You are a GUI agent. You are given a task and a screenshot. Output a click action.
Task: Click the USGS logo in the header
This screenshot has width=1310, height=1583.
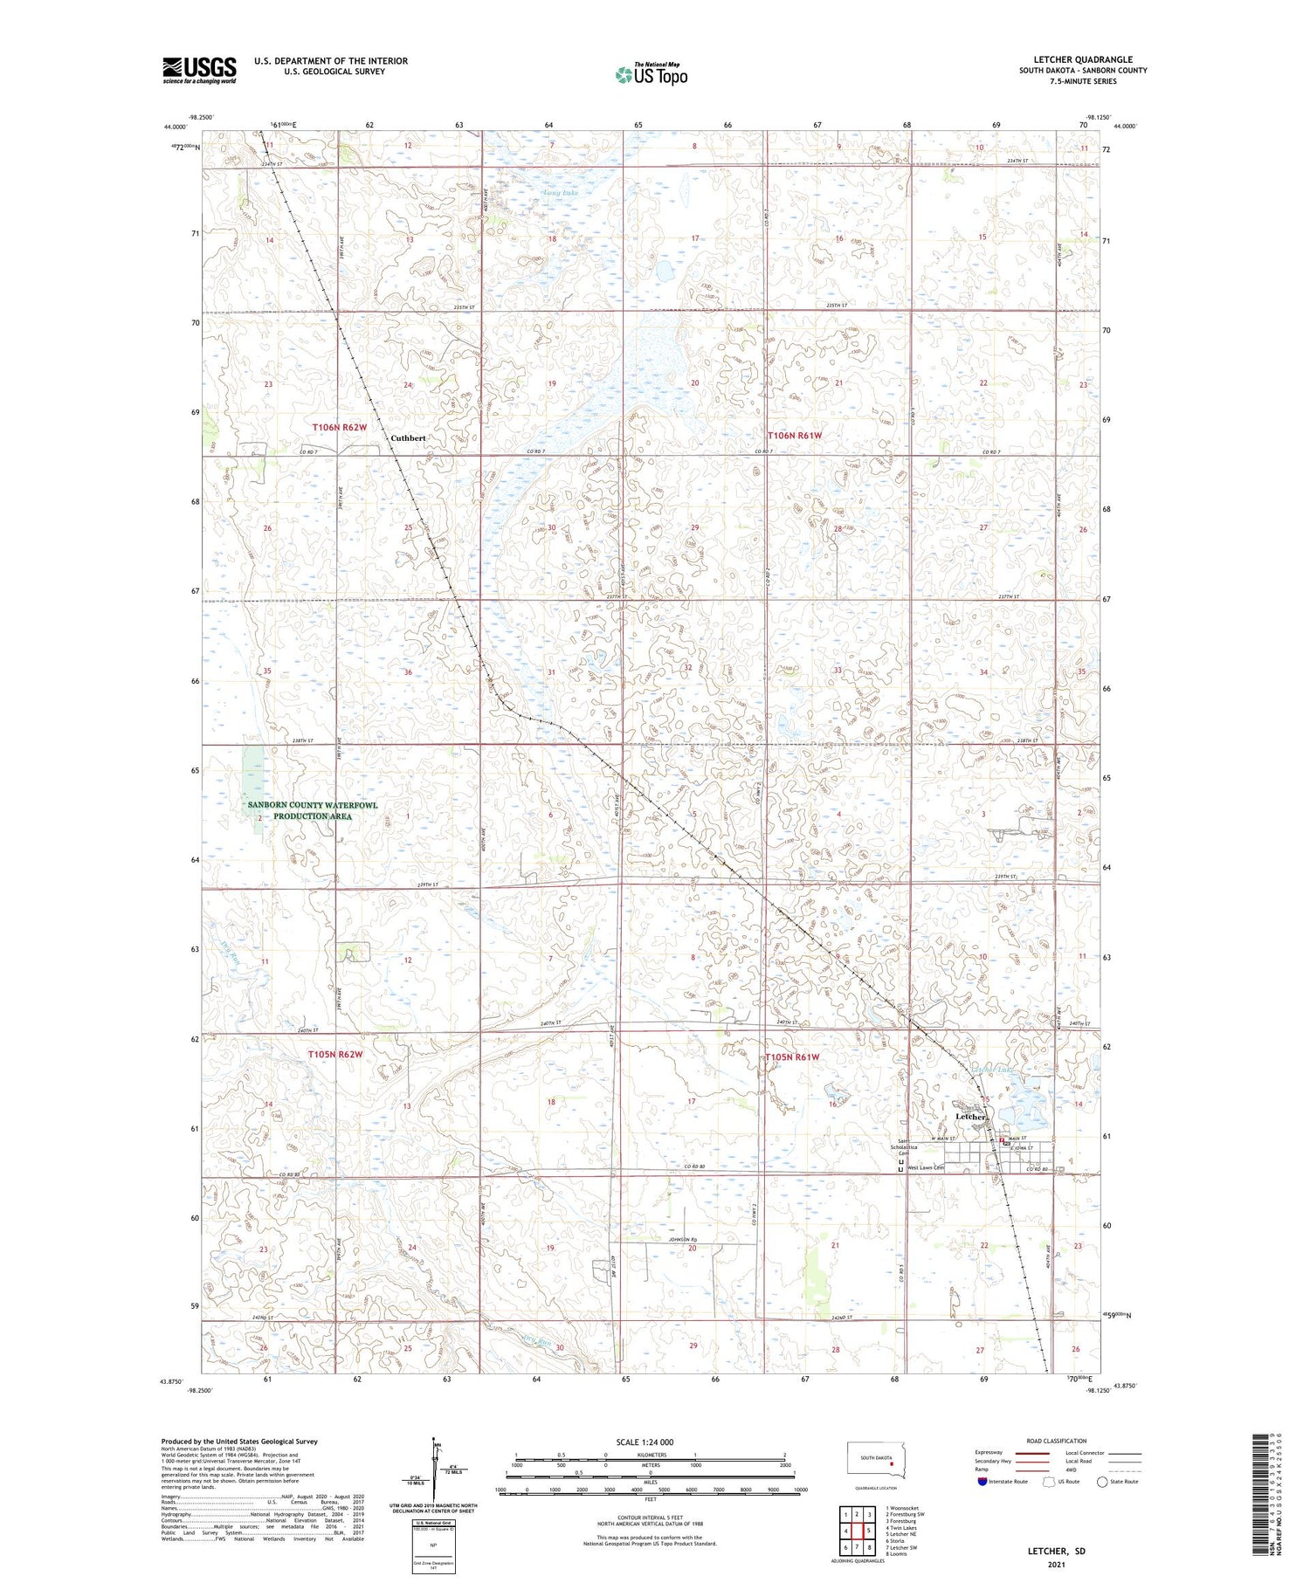point(199,70)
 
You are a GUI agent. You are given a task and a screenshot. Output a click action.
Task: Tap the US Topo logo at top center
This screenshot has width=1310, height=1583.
point(651,75)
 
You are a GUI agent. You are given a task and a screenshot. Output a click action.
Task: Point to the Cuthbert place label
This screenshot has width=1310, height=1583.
point(408,437)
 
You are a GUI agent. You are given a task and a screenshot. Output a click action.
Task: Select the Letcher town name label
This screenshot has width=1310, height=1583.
point(970,1117)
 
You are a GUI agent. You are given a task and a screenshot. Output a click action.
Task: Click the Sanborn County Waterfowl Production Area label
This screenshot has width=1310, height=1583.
point(312,810)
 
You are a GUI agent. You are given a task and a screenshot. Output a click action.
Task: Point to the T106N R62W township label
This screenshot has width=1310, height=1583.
point(339,427)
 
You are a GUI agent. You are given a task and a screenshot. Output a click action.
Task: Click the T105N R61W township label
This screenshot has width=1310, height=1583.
point(793,1057)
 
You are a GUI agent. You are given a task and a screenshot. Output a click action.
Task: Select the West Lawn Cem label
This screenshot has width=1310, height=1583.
point(926,1167)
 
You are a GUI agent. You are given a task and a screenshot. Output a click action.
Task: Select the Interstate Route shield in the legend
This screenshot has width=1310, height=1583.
point(982,1481)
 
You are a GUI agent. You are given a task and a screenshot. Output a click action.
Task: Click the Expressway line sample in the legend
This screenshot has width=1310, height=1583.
point(1035,1453)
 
